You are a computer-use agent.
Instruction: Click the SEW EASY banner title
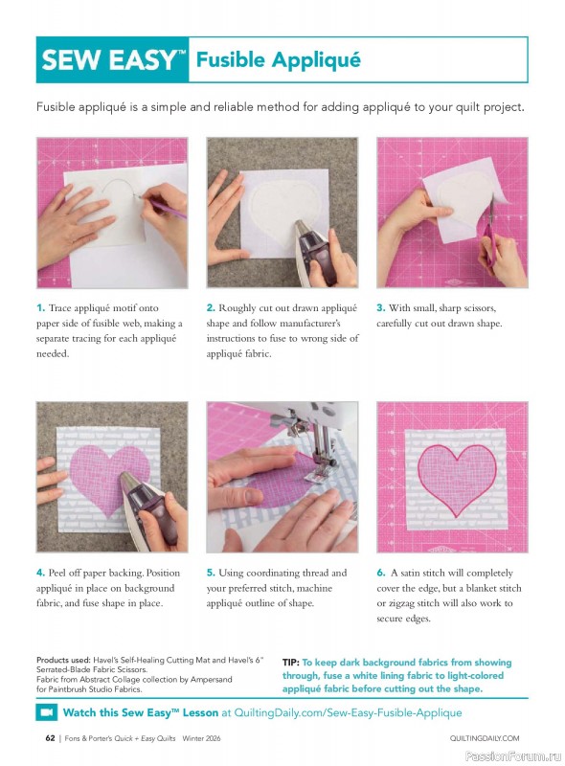(113, 61)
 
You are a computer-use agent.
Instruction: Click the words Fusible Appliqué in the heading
(278, 60)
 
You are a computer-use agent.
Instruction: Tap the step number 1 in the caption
(40, 308)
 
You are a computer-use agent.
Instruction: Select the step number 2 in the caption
(211, 308)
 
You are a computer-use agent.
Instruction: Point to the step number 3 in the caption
(380, 308)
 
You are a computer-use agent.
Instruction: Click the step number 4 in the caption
(40, 573)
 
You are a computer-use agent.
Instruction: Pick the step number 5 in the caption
(211, 573)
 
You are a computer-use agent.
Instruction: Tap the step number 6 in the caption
(380, 573)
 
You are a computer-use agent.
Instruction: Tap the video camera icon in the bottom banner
(47, 713)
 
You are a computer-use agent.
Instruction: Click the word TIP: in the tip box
(291, 663)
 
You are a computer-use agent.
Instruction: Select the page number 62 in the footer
(50, 738)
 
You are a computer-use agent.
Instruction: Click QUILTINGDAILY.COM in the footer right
(484, 738)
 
